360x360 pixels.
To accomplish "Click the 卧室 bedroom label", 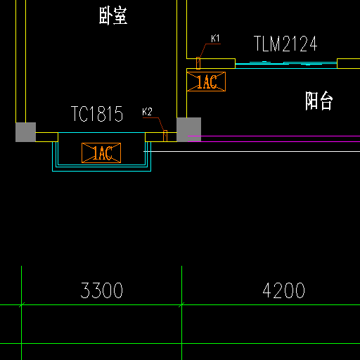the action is coord(113,15).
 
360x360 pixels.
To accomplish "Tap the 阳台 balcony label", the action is coord(319,101).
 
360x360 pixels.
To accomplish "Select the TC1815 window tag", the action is coord(97,114).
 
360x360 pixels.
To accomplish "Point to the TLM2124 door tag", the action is coord(285,44).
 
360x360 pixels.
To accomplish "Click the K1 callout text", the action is coord(215,39).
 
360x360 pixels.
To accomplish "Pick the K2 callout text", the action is coord(147,112).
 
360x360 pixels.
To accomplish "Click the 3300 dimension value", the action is coord(102,290).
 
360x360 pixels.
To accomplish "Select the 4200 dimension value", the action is coord(283,290).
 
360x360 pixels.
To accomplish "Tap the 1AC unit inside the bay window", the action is coord(101,153).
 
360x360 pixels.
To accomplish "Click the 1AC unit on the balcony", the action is coord(206,82).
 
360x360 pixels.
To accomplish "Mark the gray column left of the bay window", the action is coord(25,132).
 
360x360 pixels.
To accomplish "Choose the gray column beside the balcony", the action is coord(188,129).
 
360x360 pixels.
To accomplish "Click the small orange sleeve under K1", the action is coord(198,63).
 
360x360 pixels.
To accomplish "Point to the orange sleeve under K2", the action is coord(165,136).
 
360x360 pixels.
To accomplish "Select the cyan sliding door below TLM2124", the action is coord(286,64).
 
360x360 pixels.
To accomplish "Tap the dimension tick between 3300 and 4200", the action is coord(181,305).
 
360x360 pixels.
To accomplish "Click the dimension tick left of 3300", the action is coord(21,305).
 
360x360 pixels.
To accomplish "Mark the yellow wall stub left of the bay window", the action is coord(46,137).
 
